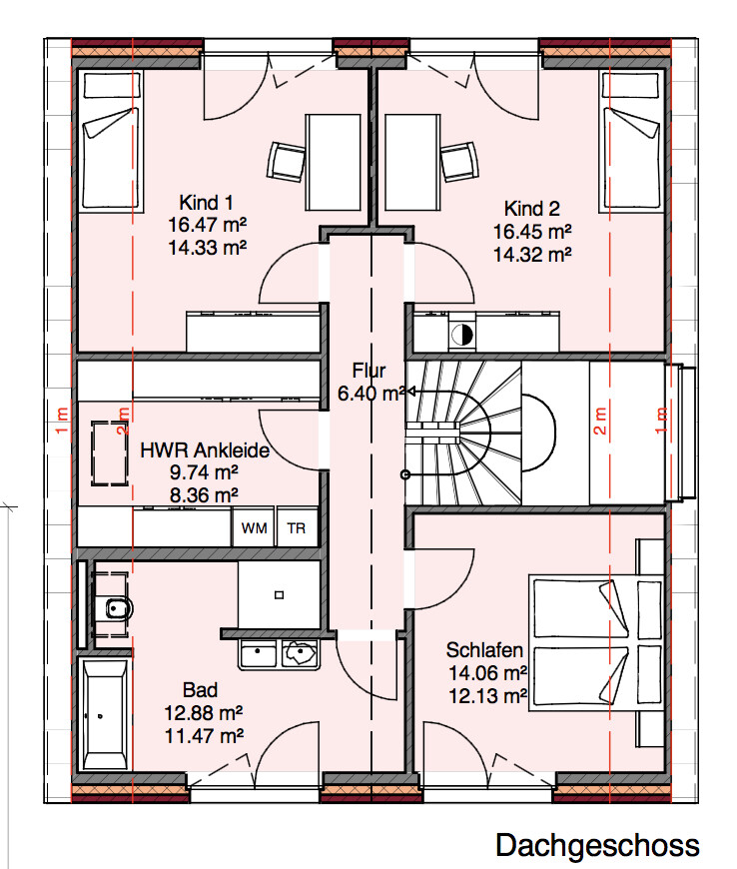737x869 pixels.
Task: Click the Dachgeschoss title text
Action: [x=597, y=846]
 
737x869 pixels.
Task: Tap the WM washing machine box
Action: [x=254, y=527]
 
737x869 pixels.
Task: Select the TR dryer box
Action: [x=297, y=527]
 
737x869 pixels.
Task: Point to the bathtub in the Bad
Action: [x=104, y=714]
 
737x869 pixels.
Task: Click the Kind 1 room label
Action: [x=206, y=203]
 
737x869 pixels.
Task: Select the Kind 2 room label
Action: [x=532, y=209]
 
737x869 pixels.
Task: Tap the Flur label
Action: [x=368, y=371]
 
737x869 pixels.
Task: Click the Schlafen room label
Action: [x=484, y=650]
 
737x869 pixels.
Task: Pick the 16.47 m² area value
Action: [x=208, y=225]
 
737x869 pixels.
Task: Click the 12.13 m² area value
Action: [x=487, y=696]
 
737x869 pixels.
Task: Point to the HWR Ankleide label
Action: [x=205, y=450]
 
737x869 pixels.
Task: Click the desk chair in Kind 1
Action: [x=286, y=162]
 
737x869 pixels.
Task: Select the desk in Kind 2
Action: [x=412, y=163]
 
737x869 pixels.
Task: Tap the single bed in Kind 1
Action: [x=110, y=140]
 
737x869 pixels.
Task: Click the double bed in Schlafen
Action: [x=596, y=643]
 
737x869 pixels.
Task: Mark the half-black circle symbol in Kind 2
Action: [x=461, y=335]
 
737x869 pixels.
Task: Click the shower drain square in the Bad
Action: [x=280, y=595]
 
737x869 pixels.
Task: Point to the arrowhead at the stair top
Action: [x=411, y=392]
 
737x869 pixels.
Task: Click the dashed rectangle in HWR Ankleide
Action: [x=110, y=453]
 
